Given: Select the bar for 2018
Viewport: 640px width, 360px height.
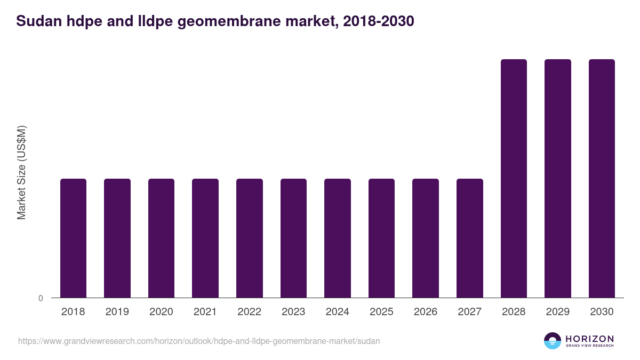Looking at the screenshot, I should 73,238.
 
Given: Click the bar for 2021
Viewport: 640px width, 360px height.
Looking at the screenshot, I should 205,238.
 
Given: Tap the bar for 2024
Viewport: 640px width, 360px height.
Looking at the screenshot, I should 338,238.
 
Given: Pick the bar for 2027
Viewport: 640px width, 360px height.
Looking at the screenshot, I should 470,238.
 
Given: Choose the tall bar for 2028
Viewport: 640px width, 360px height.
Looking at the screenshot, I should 514,178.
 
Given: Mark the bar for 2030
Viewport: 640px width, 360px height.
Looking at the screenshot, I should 602,178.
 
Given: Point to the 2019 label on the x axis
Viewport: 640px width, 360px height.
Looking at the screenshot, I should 117,312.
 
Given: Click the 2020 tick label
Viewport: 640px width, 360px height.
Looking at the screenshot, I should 161,312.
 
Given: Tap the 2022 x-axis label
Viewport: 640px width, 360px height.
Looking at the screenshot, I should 250,312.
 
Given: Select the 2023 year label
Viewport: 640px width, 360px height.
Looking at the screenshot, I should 293,312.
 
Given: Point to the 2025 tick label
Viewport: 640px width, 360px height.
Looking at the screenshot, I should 381,312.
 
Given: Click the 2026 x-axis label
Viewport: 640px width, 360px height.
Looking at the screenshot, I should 426,312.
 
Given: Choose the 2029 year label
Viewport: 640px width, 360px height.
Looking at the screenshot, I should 558,312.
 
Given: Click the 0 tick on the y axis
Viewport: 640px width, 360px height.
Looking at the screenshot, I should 41,298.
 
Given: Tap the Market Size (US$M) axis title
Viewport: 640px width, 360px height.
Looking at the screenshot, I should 21,172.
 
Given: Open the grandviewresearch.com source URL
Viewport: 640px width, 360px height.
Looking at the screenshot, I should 199,341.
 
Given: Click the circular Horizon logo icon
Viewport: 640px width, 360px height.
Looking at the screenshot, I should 553,341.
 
